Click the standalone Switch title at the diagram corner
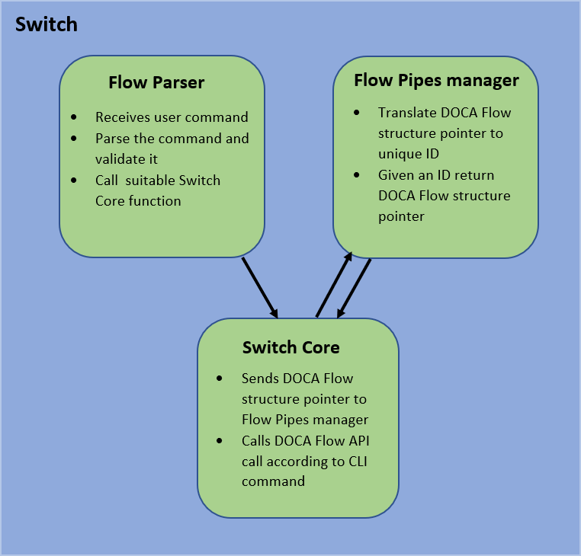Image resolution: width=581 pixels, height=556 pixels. tap(47, 24)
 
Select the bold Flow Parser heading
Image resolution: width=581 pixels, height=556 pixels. tap(156, 82)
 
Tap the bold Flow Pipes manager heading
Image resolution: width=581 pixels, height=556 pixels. tap(436, 81)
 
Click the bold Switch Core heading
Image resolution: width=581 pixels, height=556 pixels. tap(290, 348)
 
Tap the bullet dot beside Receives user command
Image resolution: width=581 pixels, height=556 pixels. tap(74, 117)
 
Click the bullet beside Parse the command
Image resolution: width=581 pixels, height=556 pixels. tap(74, 139)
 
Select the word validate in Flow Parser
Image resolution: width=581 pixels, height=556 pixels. tap(119, 159)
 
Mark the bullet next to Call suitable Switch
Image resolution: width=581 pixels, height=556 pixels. tap(74, 181)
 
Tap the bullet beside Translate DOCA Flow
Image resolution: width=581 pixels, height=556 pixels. tap(357, 113)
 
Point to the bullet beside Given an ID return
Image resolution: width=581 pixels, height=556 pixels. tap(357, 175)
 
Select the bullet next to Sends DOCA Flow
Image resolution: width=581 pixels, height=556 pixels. tap(220, 379)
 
